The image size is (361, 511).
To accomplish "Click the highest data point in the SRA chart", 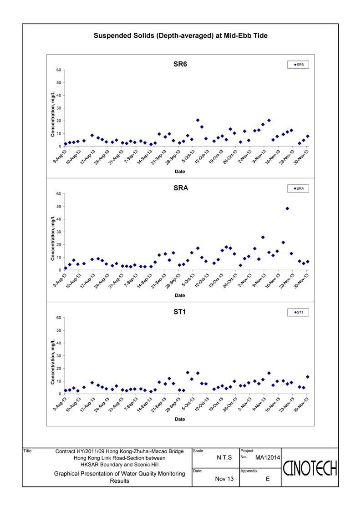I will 287,208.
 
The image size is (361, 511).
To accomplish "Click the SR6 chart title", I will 180,64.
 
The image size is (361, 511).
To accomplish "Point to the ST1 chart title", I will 180,312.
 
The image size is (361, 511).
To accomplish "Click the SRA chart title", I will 180,188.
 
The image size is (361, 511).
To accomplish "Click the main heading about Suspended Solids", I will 180,35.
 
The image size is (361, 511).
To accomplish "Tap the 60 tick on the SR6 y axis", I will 58,70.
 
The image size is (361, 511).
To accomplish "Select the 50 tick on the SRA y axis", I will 58,207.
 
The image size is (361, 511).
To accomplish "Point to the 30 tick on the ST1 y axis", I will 58,356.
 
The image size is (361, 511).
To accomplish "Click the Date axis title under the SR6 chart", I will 180,172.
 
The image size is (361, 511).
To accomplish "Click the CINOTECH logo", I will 310,468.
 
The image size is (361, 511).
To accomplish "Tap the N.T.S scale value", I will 224,457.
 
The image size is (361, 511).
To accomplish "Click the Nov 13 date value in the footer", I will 224,479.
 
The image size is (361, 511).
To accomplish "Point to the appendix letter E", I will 268,479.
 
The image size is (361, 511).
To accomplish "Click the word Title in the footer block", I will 27,451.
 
